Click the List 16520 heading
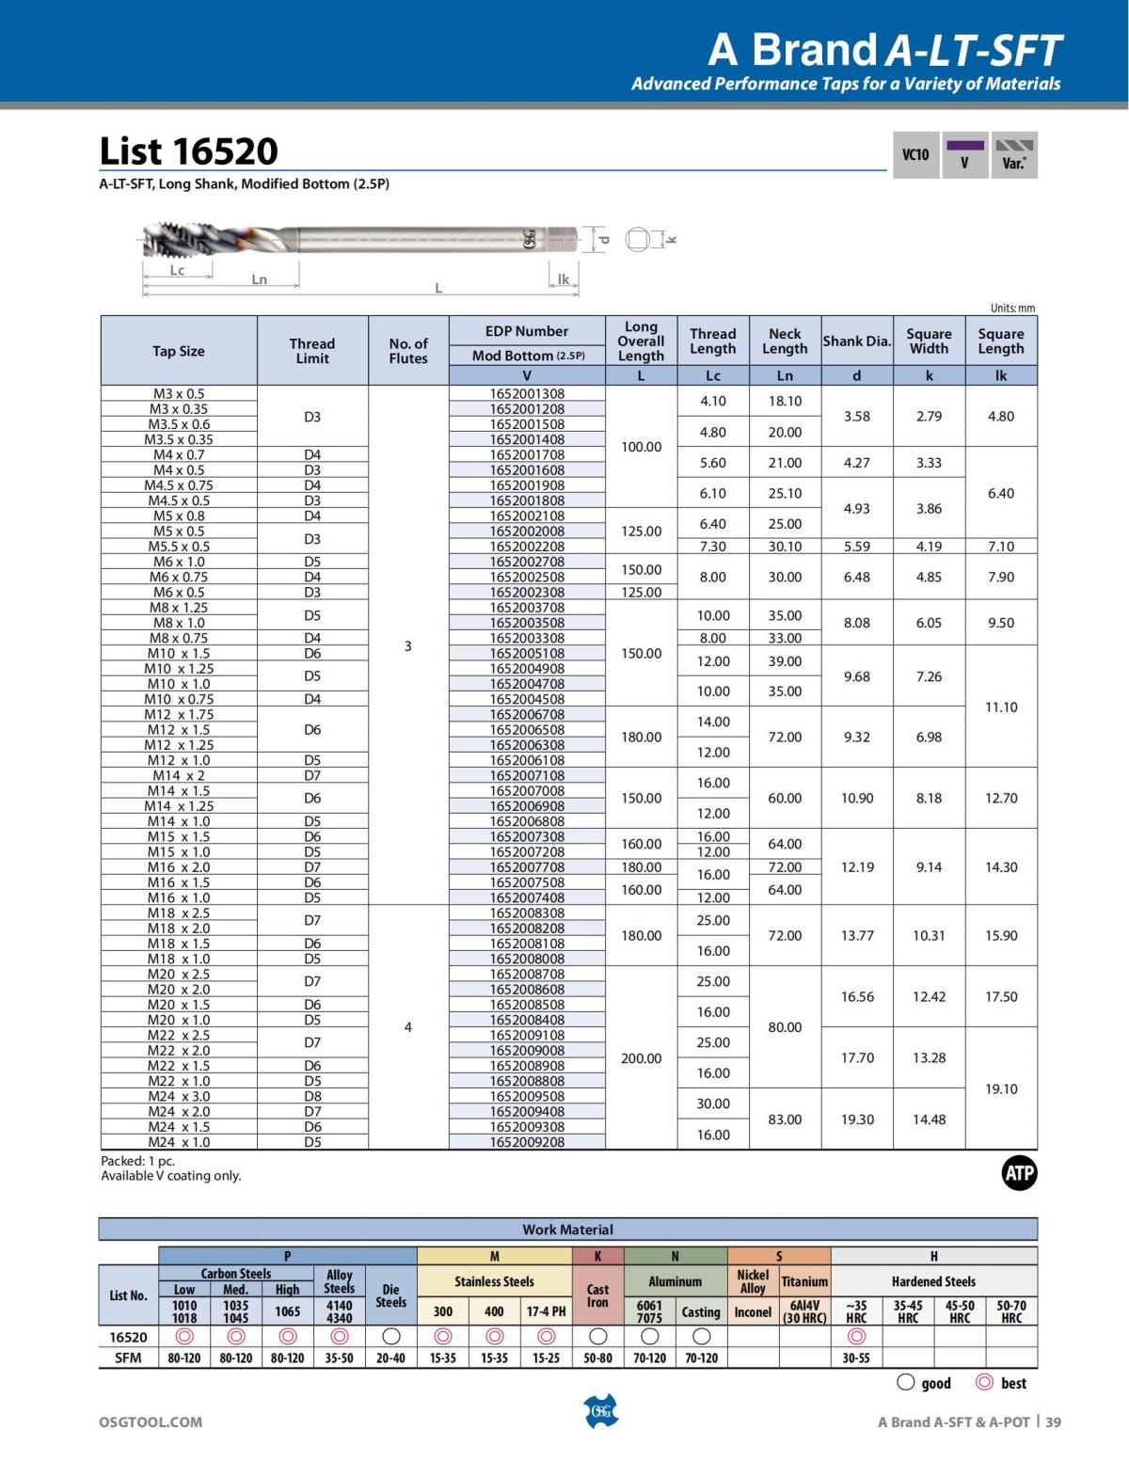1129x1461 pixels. (189, 151)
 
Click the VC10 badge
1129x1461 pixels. (915, 155)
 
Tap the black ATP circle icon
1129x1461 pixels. (1019, 1173)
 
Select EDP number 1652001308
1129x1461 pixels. (527, 393)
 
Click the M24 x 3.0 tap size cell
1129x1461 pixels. (179, 1096)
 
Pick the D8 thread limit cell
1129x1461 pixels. (312, 1096)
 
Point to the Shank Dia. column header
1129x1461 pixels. (856, 341)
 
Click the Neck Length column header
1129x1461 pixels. (785, 341)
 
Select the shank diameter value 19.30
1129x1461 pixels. (857, 1120)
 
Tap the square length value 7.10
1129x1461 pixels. (1001, 547)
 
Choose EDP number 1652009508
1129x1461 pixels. (527, 1096)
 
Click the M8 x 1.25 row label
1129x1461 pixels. (179, 608)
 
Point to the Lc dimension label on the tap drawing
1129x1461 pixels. (177, 270)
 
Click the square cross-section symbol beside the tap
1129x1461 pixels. (639, 239)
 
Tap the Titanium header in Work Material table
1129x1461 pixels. (804, 1281)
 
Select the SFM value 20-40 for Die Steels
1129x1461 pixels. (390, 1358)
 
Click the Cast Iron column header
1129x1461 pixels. (597, 1295)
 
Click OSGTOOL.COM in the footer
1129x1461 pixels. (151, 1421)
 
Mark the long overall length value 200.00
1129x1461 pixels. (641, 1058)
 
